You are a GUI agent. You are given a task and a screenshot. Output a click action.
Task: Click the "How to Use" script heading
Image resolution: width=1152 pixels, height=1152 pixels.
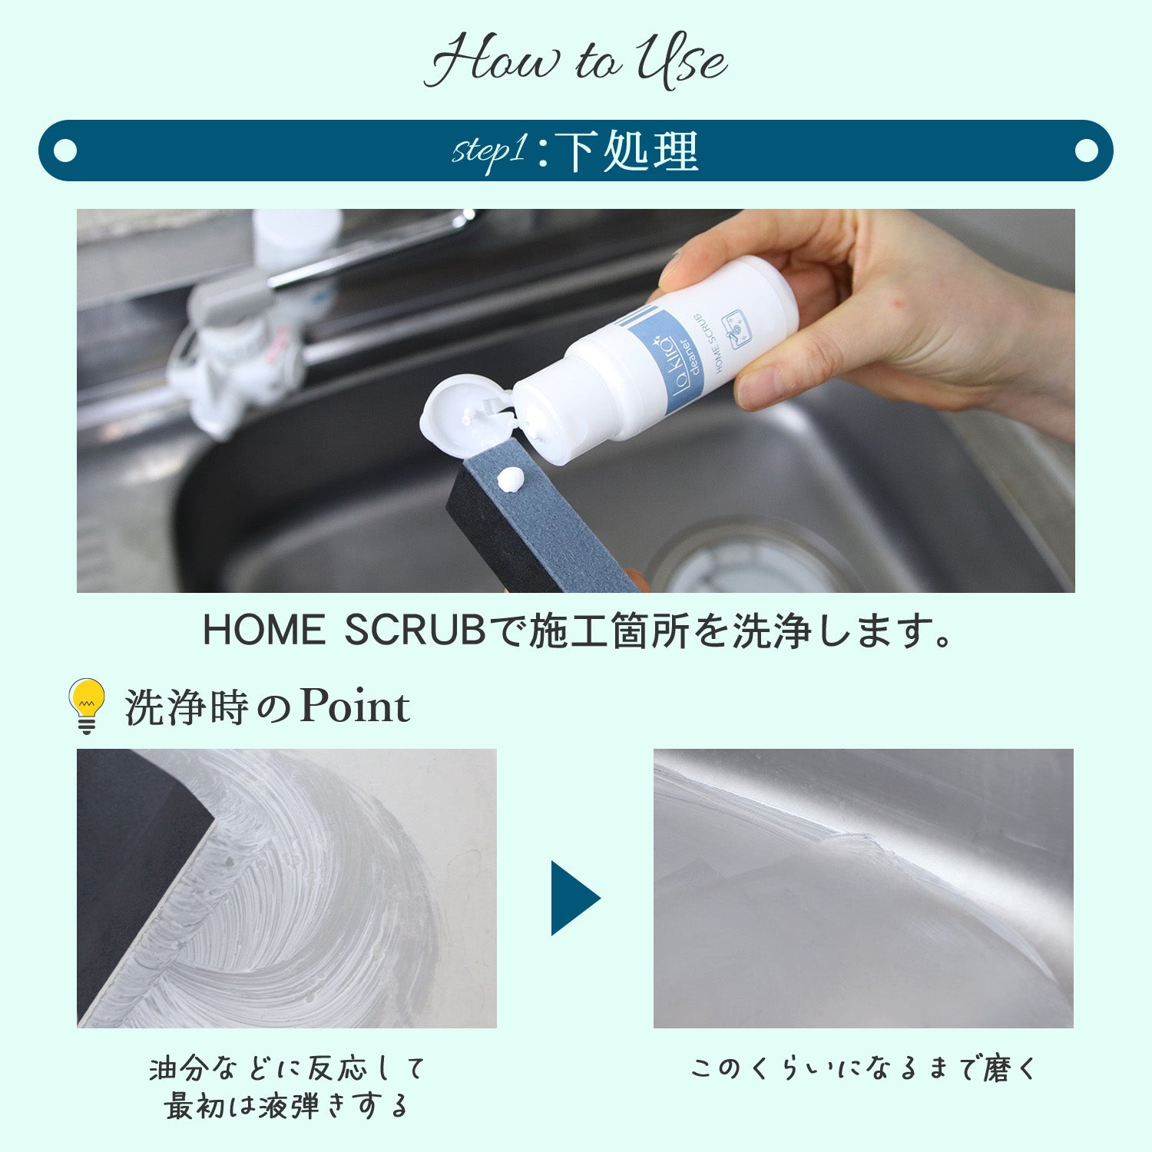pyautogui.click(x=576, y=60)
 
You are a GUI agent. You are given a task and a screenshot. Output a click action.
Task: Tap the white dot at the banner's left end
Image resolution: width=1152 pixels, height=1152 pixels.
pyautogui.click(x=66, y=151)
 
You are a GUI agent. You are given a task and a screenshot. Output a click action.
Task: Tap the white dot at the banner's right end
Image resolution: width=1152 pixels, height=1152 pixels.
pyautogui.click(x=1086, y=151)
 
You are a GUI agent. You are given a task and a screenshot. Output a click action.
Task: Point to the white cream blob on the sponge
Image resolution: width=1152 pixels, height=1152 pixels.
pyautogui.click(x=510, y=480)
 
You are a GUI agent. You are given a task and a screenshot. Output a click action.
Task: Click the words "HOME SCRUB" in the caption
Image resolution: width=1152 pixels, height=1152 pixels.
pyautogui.click(x=344, y=631)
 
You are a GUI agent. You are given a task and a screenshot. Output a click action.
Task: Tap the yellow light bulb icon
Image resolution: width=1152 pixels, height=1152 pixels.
pyautogui.click(x=87, y=705)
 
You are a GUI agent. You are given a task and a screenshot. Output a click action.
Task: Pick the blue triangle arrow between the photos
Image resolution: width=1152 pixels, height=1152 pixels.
pyautogui.click(x=575, y=898)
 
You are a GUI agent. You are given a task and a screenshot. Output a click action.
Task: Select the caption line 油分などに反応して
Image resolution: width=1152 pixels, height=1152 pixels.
pyautogui.click(x=287, y=1068)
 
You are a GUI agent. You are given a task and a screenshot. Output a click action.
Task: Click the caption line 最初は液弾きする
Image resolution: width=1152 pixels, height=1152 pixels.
pyautogui.click(x=286, y=1107)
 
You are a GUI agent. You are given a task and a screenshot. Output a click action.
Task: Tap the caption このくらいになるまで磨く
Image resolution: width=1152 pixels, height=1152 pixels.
pyautogui.click(x=863, y=1068)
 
